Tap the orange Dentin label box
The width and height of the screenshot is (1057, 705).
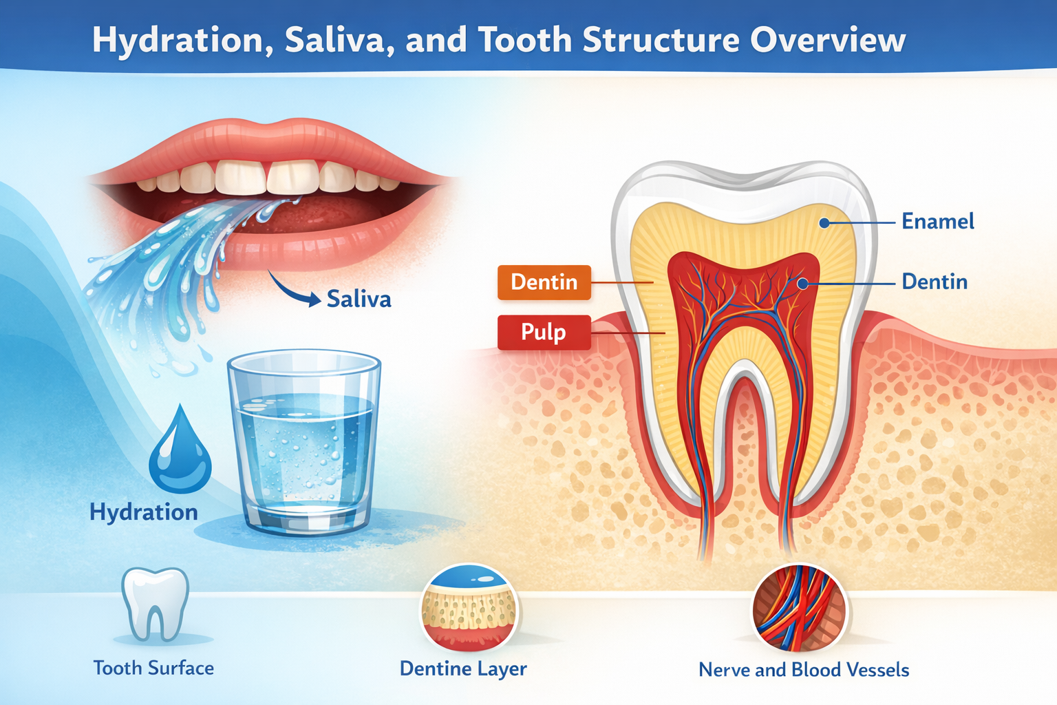[544, 282]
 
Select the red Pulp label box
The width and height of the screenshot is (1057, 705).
[544, 332]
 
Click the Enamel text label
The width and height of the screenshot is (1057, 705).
[937, 222]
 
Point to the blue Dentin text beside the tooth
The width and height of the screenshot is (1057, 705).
[934, 282]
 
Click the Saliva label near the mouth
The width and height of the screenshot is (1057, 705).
[359, 299]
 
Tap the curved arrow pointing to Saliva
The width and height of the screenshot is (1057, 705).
[292, 290]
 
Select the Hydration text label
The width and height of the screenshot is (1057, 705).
[144, 512]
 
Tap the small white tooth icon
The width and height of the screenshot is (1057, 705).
[155, 603]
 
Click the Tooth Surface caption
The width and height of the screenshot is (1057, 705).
[153, 668]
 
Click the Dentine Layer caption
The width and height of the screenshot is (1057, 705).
[463, 669]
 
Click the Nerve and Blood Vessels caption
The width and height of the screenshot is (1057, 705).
[804, 670]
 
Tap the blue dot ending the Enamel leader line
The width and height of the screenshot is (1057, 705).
[824, 222]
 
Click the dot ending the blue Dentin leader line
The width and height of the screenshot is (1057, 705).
[802, 283]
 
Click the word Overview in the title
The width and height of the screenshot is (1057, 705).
[827, 40]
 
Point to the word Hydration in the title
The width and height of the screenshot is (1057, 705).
[178, 40]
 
